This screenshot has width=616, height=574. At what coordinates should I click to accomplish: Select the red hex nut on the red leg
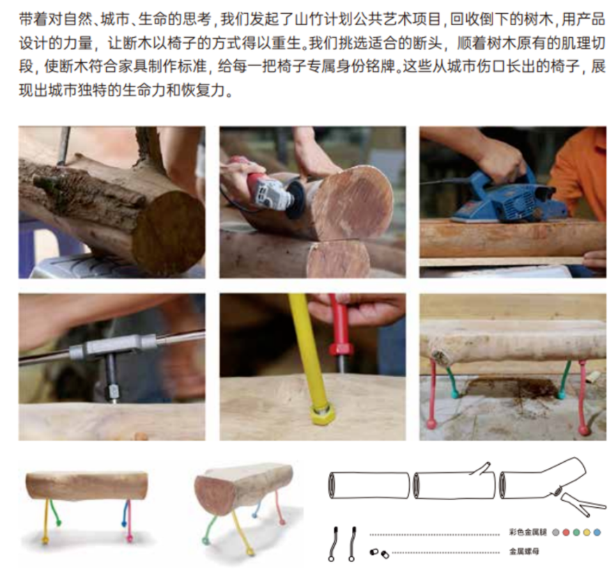(341, 348)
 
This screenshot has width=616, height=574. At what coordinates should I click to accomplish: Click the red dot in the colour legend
(565, 532)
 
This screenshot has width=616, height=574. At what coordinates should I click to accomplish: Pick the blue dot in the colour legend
(596, 532)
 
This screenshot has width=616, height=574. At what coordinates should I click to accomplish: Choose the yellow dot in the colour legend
(586, 532)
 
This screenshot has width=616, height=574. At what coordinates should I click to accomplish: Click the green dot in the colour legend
(576, 532)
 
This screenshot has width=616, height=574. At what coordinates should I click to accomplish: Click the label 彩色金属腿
(528, 532)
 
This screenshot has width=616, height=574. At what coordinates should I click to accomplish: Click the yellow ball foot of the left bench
(46, 538)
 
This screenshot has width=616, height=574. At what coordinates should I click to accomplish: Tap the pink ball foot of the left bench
(129, 538)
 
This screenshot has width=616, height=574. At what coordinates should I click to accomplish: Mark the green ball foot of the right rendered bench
(208, 540)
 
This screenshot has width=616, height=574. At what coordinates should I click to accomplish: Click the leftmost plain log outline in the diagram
(369, 485)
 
